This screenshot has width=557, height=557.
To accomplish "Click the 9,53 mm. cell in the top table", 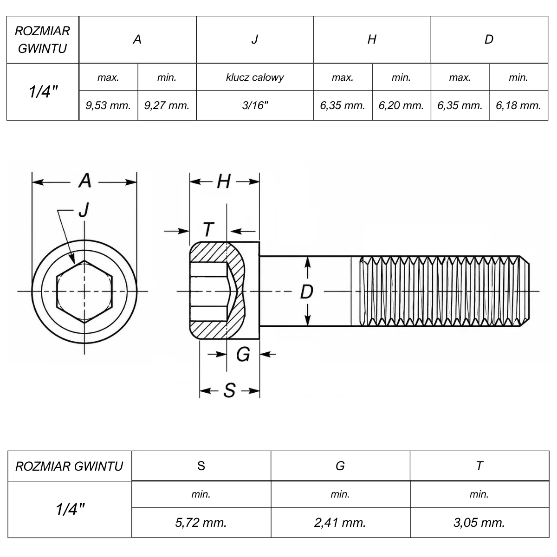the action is pyautogui.click(x=109, y=105).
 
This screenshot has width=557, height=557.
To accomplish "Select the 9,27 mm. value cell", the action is pyautogui.click(x=167, y=105).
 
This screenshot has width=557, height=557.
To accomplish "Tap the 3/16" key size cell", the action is pyautogui.click(x=255, y=105).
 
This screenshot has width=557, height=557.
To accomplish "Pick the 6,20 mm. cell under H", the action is pyautogui.click(x=401, y=105).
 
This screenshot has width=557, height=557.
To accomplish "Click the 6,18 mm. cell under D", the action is pyautogui.click(x=518, y=105).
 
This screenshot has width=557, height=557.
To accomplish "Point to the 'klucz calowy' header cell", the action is pyautogui.click(x=255, y=77).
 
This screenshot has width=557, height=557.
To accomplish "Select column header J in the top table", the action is pyautogui.click(x=255, y=39).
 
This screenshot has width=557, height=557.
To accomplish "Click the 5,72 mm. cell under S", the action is pyautogui.click(x=201, y=523).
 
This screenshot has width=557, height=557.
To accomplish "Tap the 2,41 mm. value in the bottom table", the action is pyautogui.click(x=340, y=523).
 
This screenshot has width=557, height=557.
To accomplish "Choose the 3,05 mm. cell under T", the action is pyautogui.click(x=479, y=523).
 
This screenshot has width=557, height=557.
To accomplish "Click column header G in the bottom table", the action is pyautogui.click(x=340, y=466).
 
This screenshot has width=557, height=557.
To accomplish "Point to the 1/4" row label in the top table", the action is pyautogui.click(x=43, y=92).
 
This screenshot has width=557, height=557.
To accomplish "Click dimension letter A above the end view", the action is pyautogui.click(x=84, y=181).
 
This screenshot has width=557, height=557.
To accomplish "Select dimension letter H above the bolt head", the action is pyautogui.click(x=224, y=181).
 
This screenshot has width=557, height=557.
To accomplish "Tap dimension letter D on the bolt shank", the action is pyautogui.click(x=307, y=291).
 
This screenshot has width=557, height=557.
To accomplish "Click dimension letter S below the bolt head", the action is pyautogui.click(x=230, y=390).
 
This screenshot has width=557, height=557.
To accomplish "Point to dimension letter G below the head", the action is pyautogui.click(x=243, y=354).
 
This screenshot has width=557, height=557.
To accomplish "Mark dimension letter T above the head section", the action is pyautogui.click(x=208, y=229).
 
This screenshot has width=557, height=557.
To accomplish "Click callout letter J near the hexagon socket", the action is pyautogui.click(x=84, y=209).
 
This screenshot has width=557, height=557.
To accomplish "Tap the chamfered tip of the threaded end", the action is pyautogui.click(x=525, y=291).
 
